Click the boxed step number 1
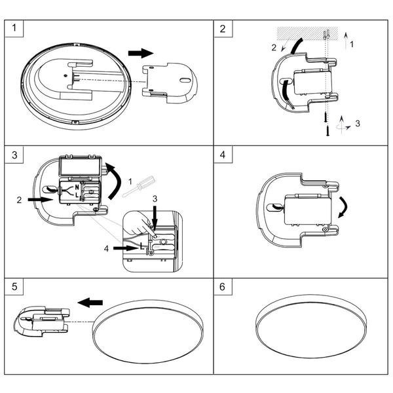(x=16, y=29)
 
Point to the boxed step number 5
(x=16, y=287)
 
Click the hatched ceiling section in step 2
(x=308, y=32)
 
